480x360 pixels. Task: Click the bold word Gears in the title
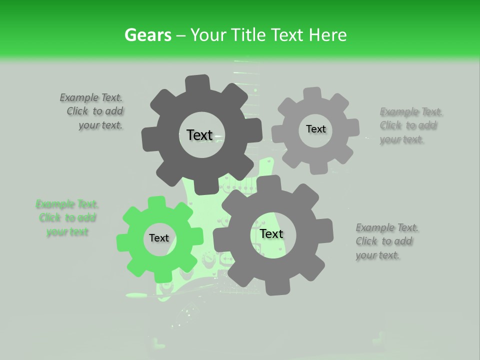[147, 35]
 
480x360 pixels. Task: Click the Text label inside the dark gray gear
[199, 135]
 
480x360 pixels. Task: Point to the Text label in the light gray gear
[315, 129]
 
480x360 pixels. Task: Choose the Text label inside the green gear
[159, 238]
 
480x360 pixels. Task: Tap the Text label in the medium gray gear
[271, 234]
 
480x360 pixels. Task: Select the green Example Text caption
[67, 218]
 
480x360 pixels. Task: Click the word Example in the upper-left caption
[79, 98]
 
